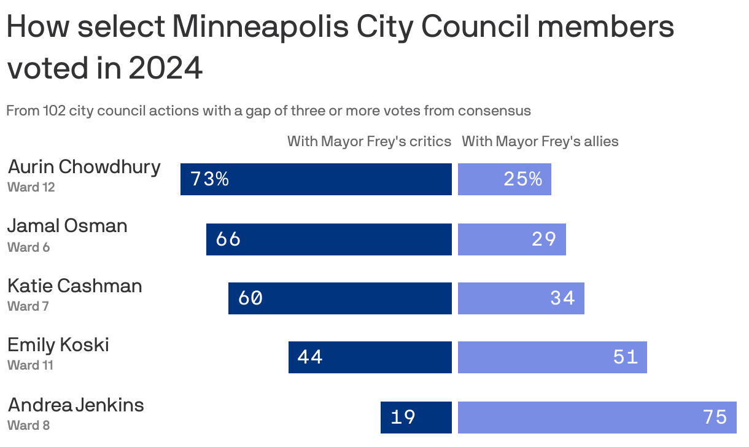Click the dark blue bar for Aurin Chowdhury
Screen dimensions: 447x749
(316, 179)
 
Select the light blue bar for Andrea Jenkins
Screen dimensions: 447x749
(597, 418)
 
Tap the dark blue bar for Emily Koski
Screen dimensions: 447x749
(370, 357)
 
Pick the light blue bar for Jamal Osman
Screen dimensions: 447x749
(511, 239)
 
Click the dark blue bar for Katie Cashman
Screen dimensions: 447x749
(340, 298)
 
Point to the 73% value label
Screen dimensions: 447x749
(209, 179)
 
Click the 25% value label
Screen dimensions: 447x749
(522, 179)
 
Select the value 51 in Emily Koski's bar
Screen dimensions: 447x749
(626, 357)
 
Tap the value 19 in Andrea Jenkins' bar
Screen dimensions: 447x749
(403, 418)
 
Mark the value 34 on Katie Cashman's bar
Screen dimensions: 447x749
(562, 298)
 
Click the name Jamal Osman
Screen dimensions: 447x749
(68, 226)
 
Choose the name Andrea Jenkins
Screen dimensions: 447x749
(76, 405)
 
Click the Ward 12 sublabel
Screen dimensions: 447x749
(31, 187)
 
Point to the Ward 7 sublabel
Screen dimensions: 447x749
(28, 306)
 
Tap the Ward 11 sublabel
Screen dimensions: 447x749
(30, 365)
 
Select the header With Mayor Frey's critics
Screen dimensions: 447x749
(369, 141)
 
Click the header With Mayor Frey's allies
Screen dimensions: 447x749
(540, 141)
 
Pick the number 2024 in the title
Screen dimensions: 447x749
(165, 68)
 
